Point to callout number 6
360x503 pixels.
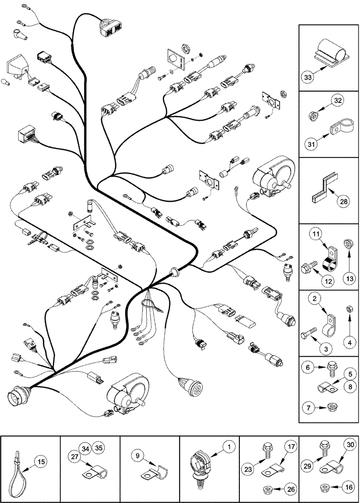(311, 368)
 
